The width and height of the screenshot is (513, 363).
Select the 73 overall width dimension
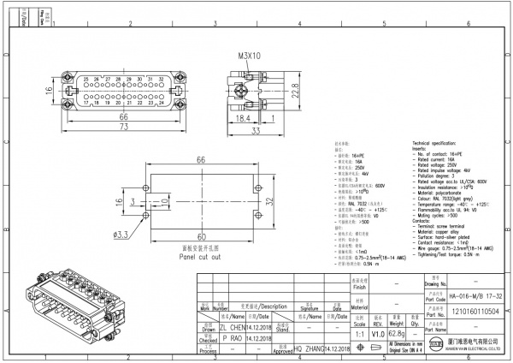coord(124,127)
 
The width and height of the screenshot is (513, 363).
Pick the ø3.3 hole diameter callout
coord(122,233)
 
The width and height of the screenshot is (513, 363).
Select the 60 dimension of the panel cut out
coord(203,235)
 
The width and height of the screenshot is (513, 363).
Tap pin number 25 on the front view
coord(85,79)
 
